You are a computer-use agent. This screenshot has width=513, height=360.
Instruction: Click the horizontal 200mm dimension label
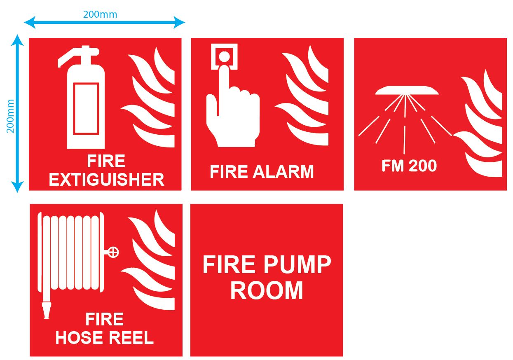(x=100, y=14)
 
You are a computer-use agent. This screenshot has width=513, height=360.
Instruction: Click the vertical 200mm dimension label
(x=10, y=116)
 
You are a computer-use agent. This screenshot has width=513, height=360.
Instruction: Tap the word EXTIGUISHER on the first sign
(x=106, y=180)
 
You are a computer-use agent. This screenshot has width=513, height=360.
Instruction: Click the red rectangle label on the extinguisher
(x=86, y=109)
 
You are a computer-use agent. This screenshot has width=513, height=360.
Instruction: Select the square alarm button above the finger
(x=224, y=56)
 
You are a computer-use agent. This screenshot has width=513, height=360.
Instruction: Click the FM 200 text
(x=409, y=166)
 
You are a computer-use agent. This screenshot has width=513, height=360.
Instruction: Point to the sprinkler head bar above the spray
(x=407, y=90)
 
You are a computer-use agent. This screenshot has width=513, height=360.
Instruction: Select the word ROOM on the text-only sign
(x=266, y=290)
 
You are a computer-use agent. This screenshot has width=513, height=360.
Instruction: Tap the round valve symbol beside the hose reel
(x=113, y=252)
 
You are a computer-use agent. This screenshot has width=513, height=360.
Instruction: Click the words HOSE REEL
(x=104, y=338)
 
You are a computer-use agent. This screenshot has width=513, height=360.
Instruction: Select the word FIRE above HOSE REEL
(x=104, y=320)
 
